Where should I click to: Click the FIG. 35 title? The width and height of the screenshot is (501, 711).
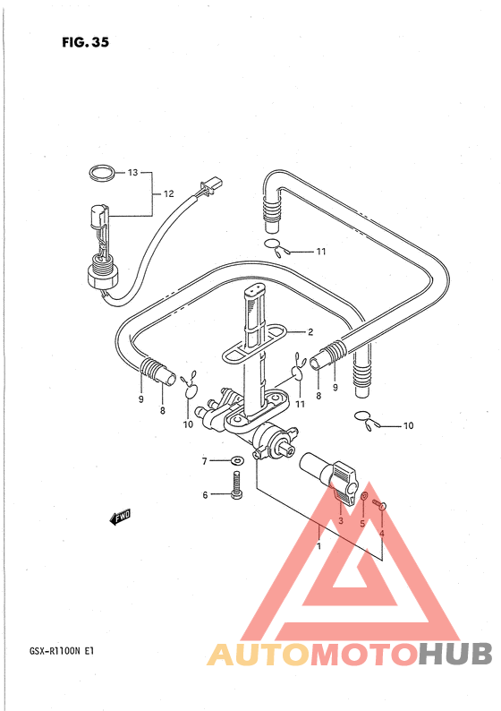coord(85,42)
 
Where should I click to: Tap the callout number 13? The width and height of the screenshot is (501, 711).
coord(132,172)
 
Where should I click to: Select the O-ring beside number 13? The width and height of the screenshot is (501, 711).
coord(100,173)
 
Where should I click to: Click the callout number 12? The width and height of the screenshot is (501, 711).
coord(168,193)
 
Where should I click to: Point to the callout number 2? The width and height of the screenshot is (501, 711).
coord(310,332)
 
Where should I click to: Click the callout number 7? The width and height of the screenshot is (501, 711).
coord(204,461)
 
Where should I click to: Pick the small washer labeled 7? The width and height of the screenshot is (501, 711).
coord(236,461)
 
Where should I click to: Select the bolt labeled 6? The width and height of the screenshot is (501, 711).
coord(236,485)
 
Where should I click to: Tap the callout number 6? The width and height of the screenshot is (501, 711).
coord(205,494)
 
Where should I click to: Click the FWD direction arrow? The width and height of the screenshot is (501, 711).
coord(121,517)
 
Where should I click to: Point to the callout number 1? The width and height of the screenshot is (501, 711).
coord(318,546)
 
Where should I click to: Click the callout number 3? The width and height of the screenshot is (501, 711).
coord(341,520)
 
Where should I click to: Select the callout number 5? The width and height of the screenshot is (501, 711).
coord(362,524)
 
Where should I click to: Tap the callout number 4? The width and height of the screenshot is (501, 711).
coord(381,534)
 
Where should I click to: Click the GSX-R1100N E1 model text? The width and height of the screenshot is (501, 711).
coord(62,652)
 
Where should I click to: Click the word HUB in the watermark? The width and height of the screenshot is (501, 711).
coord(454,655)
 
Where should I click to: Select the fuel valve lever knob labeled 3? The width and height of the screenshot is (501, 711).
coord(343,482)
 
